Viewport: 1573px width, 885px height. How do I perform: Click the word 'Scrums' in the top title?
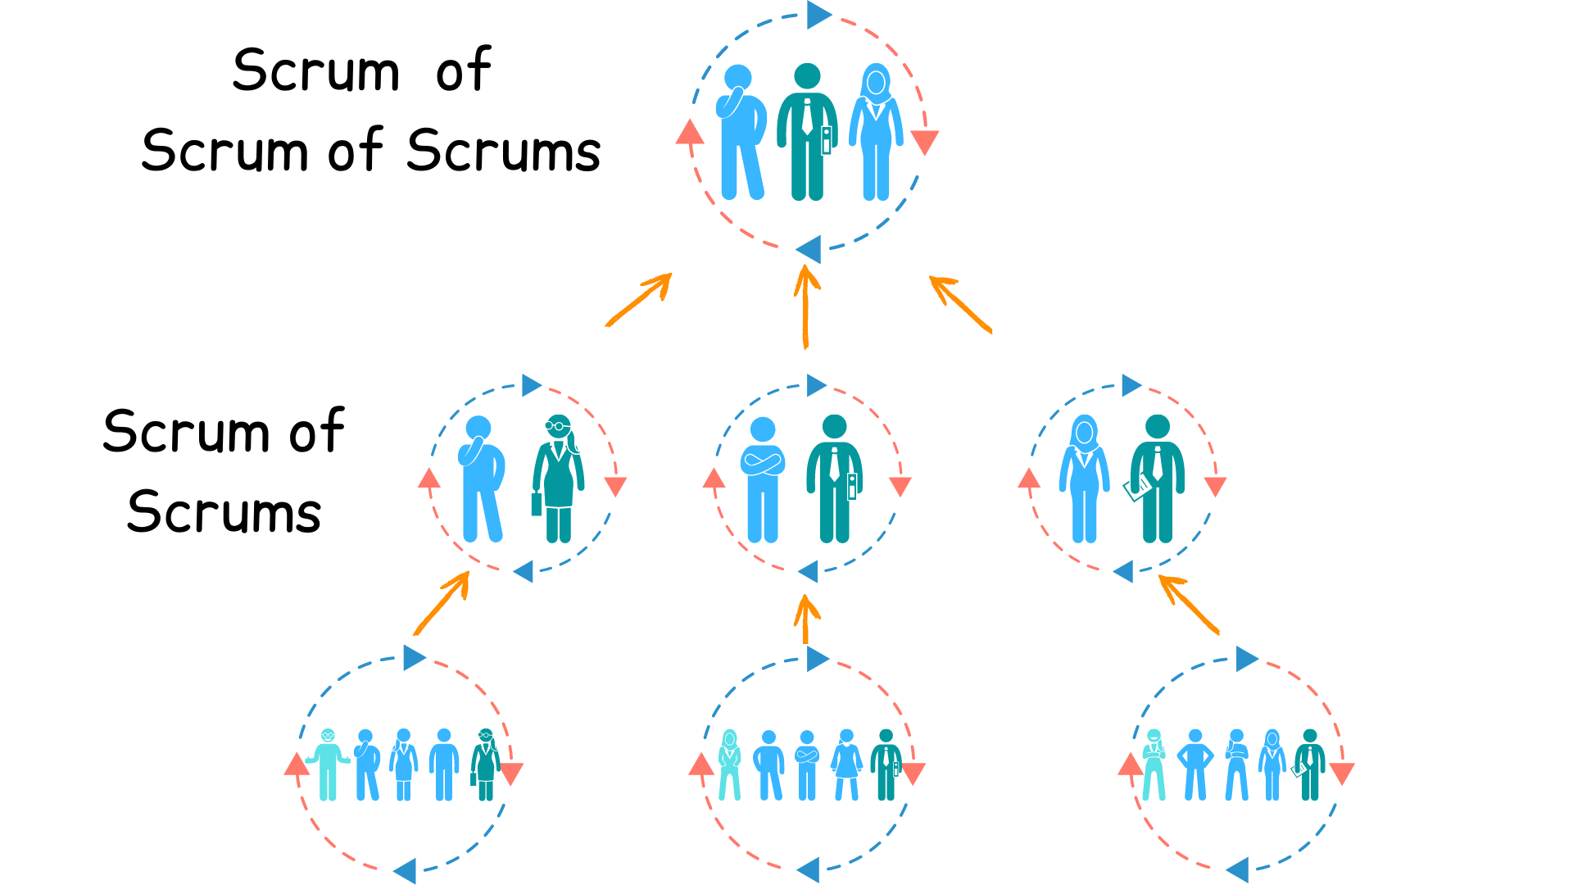pos(503,151)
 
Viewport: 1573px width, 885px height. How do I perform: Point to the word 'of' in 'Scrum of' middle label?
pos(317,431)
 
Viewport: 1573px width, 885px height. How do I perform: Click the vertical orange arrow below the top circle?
pos(806,307)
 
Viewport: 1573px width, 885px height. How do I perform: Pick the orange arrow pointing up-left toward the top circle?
pos(960,304)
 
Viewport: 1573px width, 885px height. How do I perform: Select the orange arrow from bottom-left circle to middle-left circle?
pos(442,603)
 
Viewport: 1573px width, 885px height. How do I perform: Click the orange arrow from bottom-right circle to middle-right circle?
pos(1189,604)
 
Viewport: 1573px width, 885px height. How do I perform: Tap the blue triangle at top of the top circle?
pos(818,15)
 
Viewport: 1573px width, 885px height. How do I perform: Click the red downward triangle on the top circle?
pos(924,141)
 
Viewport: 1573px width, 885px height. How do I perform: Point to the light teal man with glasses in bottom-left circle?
pos(328,764)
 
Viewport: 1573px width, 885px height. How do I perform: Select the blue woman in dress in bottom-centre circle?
pos(847,764)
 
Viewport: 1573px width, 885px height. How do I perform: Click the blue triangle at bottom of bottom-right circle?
pos(1238,869)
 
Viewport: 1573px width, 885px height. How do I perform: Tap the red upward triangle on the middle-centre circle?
pos(714,479)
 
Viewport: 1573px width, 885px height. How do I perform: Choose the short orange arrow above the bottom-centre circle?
pos(806,619)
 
